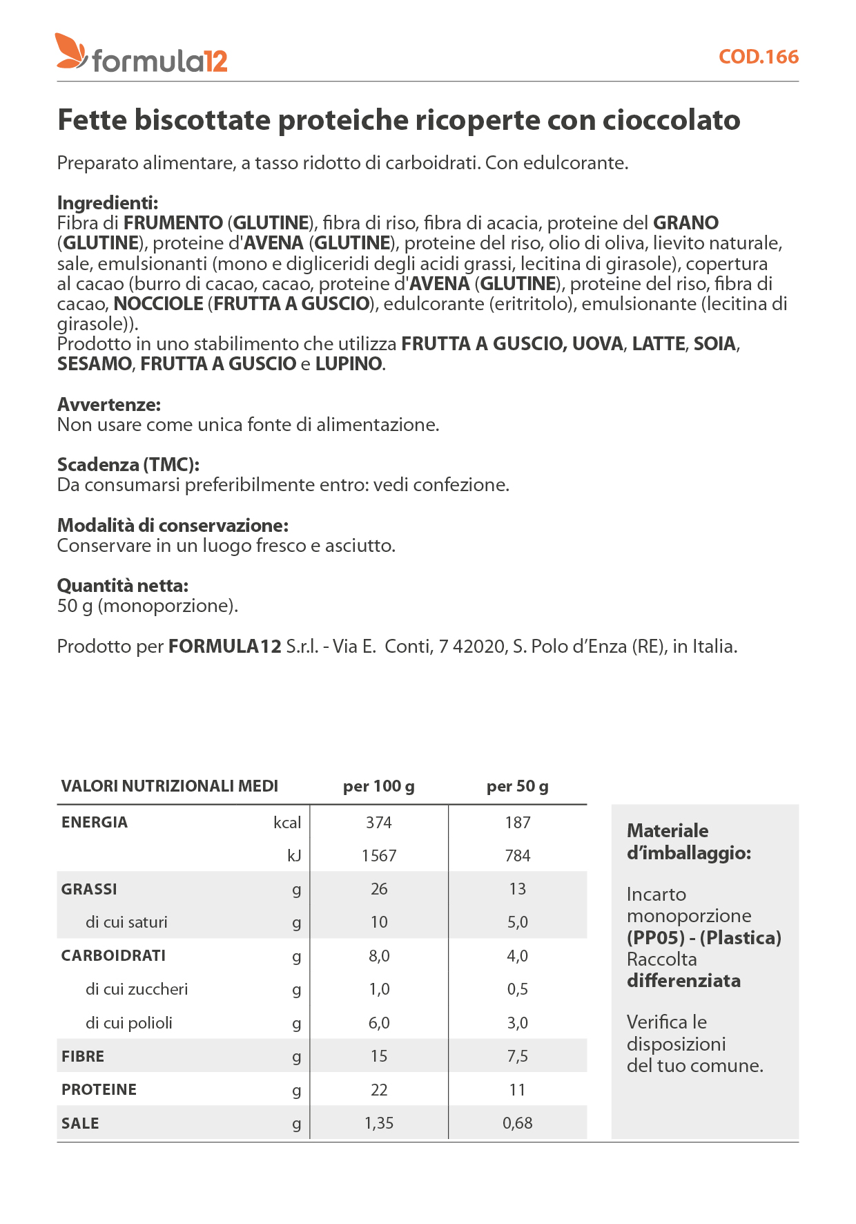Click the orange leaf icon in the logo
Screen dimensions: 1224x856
(x=70, y=51)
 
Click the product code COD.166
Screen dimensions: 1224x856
(x=758, y=57)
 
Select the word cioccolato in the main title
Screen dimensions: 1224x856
(x=671, y=120)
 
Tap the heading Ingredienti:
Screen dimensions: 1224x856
(x=108, y=203)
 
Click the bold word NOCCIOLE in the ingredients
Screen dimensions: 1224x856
(x=158, y=304)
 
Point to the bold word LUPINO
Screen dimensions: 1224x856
(x=349, y=364)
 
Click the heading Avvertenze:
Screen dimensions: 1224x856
(x=109, y=405)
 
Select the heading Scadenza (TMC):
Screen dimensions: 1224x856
(x=128, y=465)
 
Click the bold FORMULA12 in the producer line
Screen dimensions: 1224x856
(x=225, y=647)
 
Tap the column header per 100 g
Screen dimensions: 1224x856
(x=378, y=786)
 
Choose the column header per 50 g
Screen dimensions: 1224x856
(x=517, y=786)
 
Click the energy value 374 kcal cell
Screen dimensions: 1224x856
(x=378, y=822)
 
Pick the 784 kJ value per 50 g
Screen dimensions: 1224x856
(x=517, y=856)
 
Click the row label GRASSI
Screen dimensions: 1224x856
(x=89, y=889)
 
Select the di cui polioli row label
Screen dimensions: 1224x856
(x=129, y=1023)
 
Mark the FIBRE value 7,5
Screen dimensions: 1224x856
(x=517, y=1056)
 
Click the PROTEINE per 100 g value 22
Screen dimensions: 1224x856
(x=378, y=1090)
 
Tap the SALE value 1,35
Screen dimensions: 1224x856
(x=378, y=1123)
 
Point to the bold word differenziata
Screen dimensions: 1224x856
(x=683, y=981)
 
